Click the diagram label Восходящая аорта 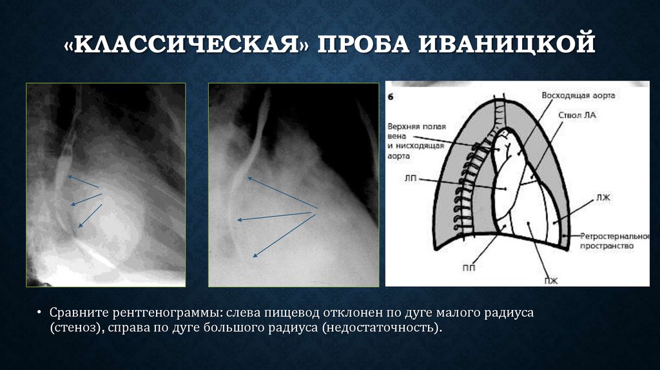pos(577,95)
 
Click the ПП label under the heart pos(469,267)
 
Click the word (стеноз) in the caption pos(72,328)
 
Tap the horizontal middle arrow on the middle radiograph pos(277,215)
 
